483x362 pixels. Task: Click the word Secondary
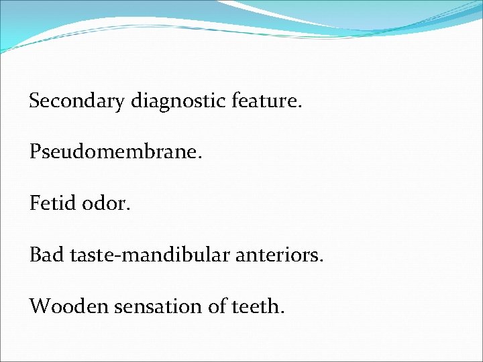pyautogui.click(x=76, y=102)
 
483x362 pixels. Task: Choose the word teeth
pyautogui.click(x=256, y=306)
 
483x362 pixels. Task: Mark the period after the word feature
pyautogui.click(x=301, y=107)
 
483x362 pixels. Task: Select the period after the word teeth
pyautogui.click(x=283, y=312)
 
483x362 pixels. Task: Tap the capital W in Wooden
pyautogui.click(x=39, y=306)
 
